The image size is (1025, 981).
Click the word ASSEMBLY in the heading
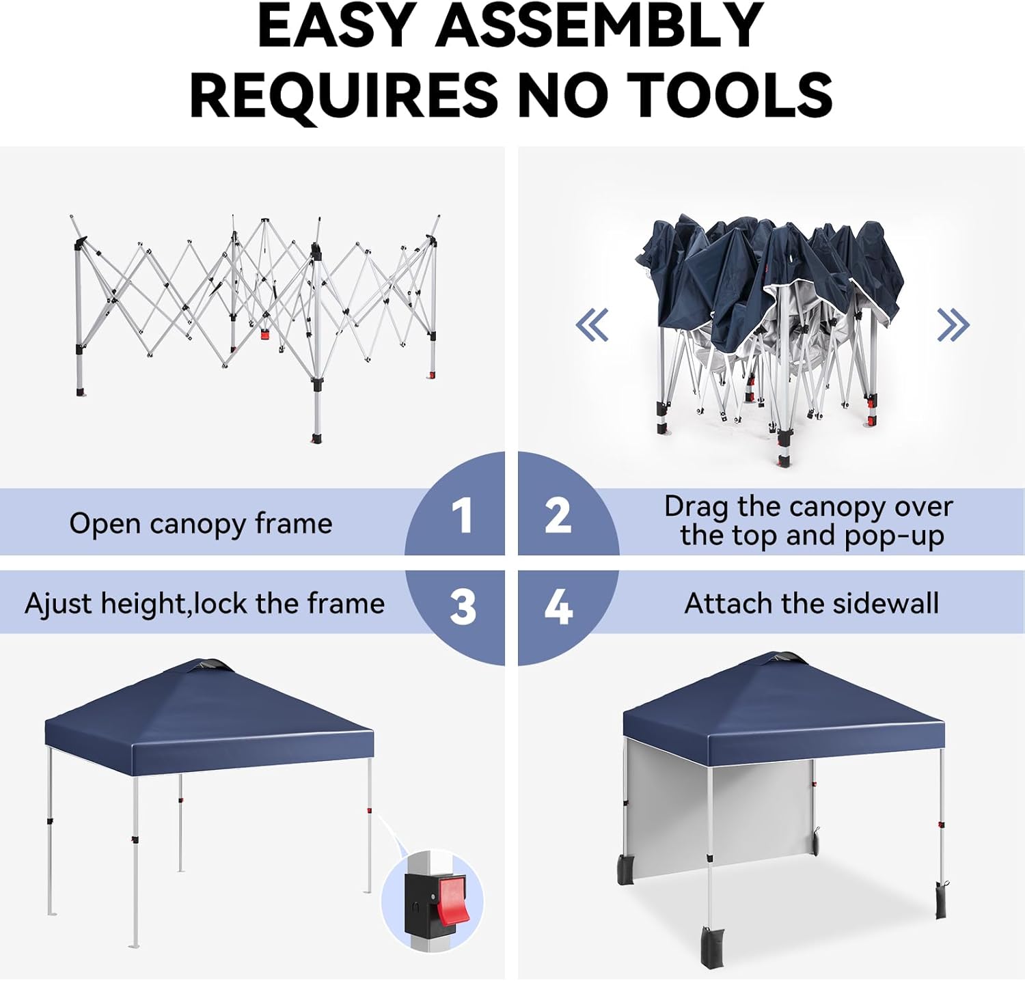coord(599,26)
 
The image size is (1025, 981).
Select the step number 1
coord(462,515)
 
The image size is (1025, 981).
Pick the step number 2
coord(558,515)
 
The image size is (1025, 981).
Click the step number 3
coord(463,607)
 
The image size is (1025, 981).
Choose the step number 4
coord(558,607)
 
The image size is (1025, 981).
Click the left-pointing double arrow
coord(592,324)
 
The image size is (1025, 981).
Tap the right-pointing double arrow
coord(953,324)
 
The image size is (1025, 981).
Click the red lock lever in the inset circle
coord(452,901)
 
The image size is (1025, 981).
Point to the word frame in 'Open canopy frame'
coord(293,524)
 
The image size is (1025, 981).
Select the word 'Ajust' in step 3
coord(58,605)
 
